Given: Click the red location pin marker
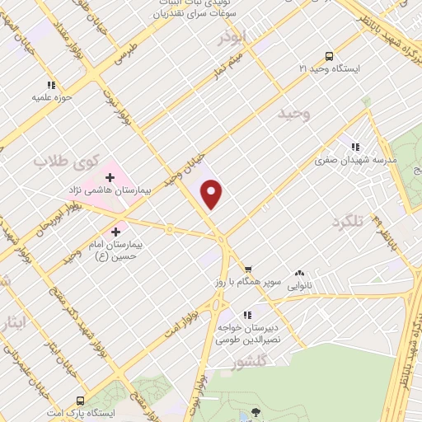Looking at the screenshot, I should tap(213, 195).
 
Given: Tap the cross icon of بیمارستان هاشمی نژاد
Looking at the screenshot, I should tap(110, 177).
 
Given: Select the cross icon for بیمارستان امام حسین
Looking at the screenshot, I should tap(115, 232).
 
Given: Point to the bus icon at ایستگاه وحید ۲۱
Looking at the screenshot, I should tap(330, 57).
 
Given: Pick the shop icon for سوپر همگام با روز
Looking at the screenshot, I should tap(247, 270).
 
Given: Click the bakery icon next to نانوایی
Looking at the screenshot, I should tap(298, 273).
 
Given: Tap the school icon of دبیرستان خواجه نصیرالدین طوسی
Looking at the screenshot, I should tap(246, 315).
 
